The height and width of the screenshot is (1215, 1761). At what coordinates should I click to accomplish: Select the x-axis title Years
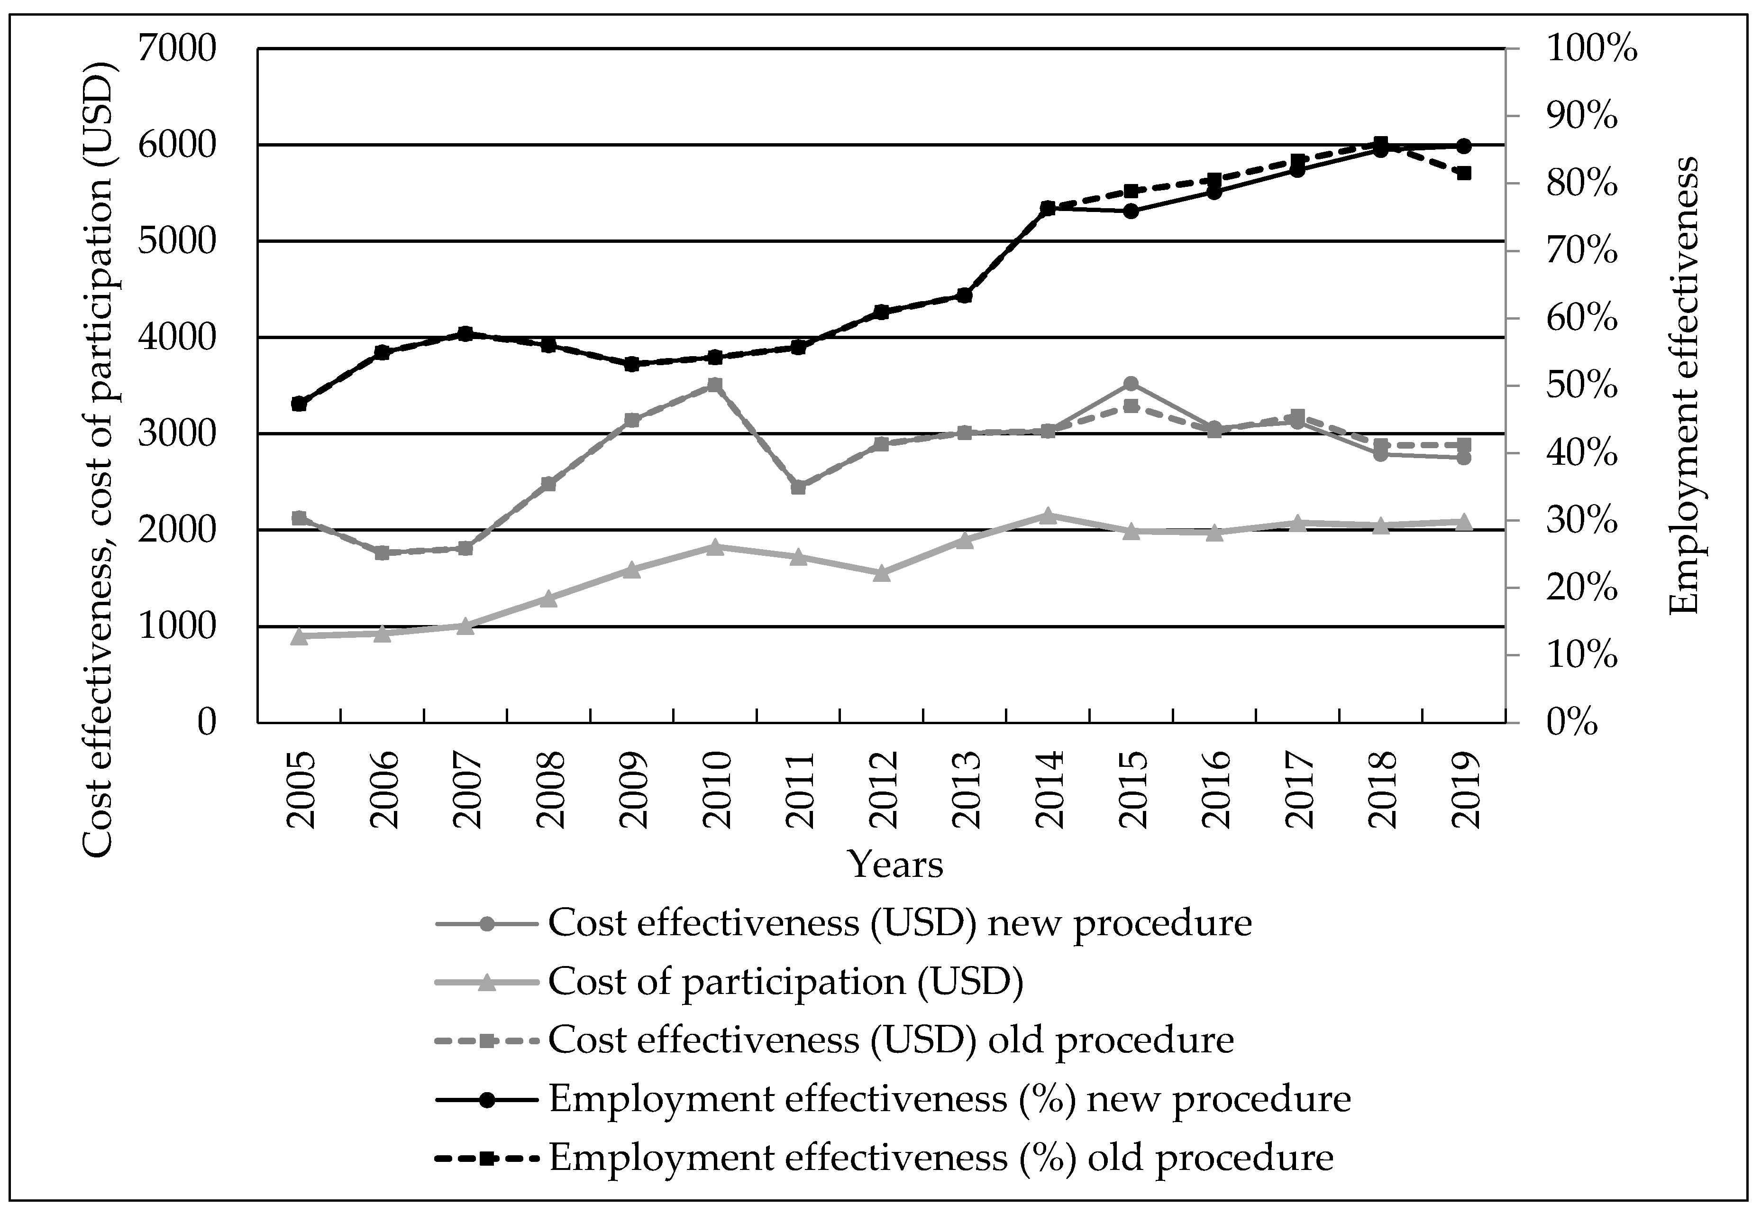pos(895,864)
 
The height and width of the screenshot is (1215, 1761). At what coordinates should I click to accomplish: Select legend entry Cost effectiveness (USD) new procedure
pos(900,923)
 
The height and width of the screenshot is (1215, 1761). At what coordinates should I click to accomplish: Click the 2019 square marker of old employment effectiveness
pos(1463,173)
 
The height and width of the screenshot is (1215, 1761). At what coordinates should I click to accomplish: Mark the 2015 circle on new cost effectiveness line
pos(1131,384)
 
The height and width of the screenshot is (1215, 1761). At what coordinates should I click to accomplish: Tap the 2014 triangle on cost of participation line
pos(1047,516)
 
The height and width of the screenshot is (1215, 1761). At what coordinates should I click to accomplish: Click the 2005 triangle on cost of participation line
pos(299,636)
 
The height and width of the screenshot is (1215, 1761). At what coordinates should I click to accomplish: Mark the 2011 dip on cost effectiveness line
pos(798,487)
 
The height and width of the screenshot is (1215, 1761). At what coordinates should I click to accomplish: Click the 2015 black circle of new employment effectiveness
pos(1131,211)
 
